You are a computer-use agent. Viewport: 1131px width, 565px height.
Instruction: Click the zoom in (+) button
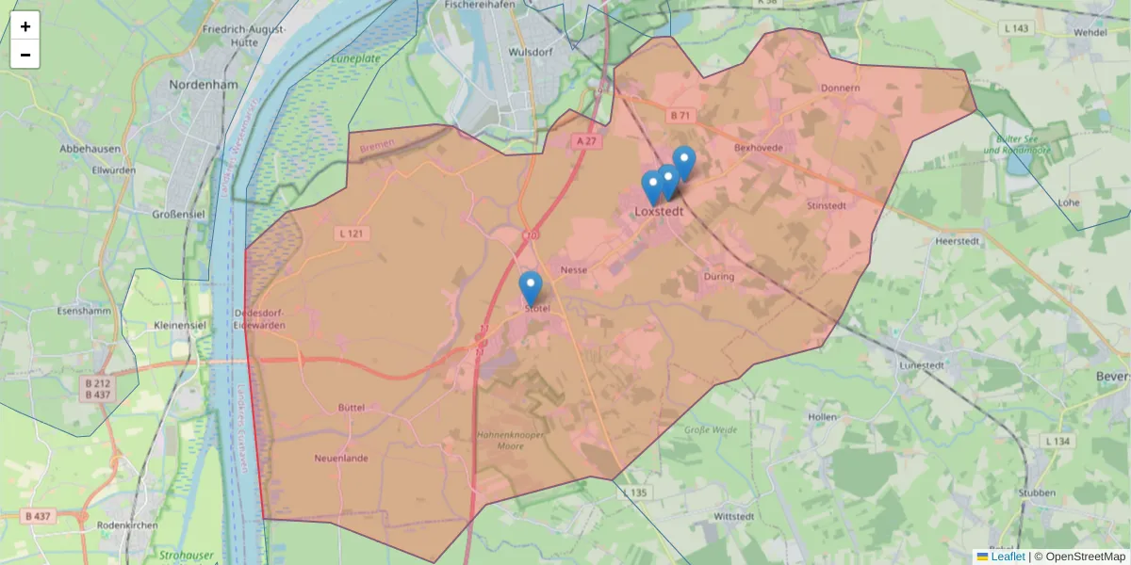[x=25, y=26]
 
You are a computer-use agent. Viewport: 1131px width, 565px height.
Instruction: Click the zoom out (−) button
[x=25, y=55]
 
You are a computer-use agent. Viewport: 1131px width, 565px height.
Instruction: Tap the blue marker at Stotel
[x=531, y=288]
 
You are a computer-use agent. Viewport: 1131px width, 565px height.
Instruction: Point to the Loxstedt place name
[x=659, y=212]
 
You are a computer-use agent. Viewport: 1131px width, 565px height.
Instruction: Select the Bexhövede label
[x=758, y=148]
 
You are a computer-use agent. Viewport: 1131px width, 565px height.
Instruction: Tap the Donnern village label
[x=841, y=89]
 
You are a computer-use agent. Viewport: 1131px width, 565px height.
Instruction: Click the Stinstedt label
[x=828, y=205]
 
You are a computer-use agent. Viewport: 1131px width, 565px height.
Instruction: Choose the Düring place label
[x=718, y=277]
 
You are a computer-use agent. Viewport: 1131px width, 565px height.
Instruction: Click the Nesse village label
[x=573, y=270]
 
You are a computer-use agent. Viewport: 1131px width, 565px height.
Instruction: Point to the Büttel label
[x=350, y=408]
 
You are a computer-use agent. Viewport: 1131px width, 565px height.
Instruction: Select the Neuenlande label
[x=340, y=459]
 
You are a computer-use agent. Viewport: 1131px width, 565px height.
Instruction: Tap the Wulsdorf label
[x=527, y=53]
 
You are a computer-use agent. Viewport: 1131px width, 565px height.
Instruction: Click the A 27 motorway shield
[x=585, y=141]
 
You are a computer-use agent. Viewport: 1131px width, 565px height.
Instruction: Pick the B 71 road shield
[x=680, y=115]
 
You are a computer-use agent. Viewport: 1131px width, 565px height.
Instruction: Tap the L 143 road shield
[x=1016, y=29]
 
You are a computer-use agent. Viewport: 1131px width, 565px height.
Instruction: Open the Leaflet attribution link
[x=1008, y=557]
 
